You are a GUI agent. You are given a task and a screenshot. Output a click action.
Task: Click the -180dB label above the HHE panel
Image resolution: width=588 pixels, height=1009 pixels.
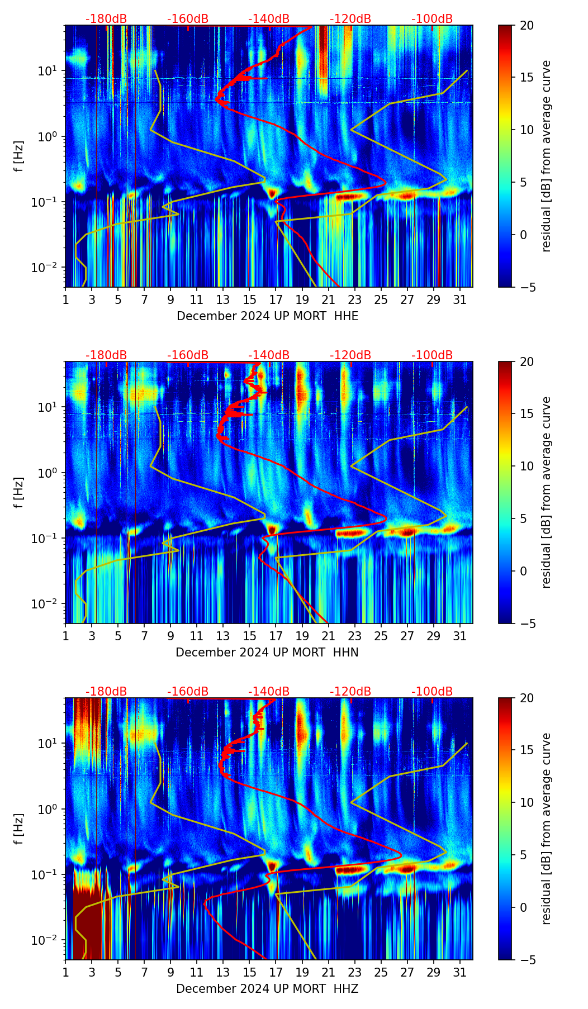(x=106, y=19)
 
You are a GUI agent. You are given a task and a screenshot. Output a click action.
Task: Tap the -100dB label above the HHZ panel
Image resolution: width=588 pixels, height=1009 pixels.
(x=432, y=692)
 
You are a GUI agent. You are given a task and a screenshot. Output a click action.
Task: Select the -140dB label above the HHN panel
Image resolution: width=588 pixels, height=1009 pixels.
(x=269, y=355)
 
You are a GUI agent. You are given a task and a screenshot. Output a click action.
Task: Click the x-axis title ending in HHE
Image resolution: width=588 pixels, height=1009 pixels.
(x=267, y=316)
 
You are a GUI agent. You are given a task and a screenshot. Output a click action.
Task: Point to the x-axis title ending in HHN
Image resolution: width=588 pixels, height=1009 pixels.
(x=267, y=653)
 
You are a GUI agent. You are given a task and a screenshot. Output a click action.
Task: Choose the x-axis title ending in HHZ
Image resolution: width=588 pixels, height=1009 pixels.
(x=267, y=989)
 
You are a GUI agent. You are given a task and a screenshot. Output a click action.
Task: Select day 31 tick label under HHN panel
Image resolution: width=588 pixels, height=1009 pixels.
(x=460, y=636)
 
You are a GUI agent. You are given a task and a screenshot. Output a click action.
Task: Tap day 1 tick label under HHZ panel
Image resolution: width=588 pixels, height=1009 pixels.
(x=65, y=973)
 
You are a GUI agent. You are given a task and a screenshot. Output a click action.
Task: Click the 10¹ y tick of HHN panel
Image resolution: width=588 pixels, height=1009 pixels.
(x=50, y=407)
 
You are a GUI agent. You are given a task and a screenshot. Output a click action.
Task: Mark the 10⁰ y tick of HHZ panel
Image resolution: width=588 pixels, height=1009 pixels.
(x=50, y=809)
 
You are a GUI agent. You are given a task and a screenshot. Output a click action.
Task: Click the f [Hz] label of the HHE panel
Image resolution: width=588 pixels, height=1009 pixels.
(x=19, y=156)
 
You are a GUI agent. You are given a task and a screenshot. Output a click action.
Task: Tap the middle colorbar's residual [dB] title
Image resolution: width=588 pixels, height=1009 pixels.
(x=546, y=492)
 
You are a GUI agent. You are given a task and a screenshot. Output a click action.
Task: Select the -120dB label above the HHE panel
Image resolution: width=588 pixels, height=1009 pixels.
(x=350, y=19)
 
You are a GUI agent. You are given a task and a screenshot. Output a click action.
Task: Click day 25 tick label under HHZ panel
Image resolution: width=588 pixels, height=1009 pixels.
(x=381, y=973)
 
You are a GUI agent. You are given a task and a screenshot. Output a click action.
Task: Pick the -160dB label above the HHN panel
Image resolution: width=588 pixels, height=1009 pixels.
(x=188, y=355)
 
